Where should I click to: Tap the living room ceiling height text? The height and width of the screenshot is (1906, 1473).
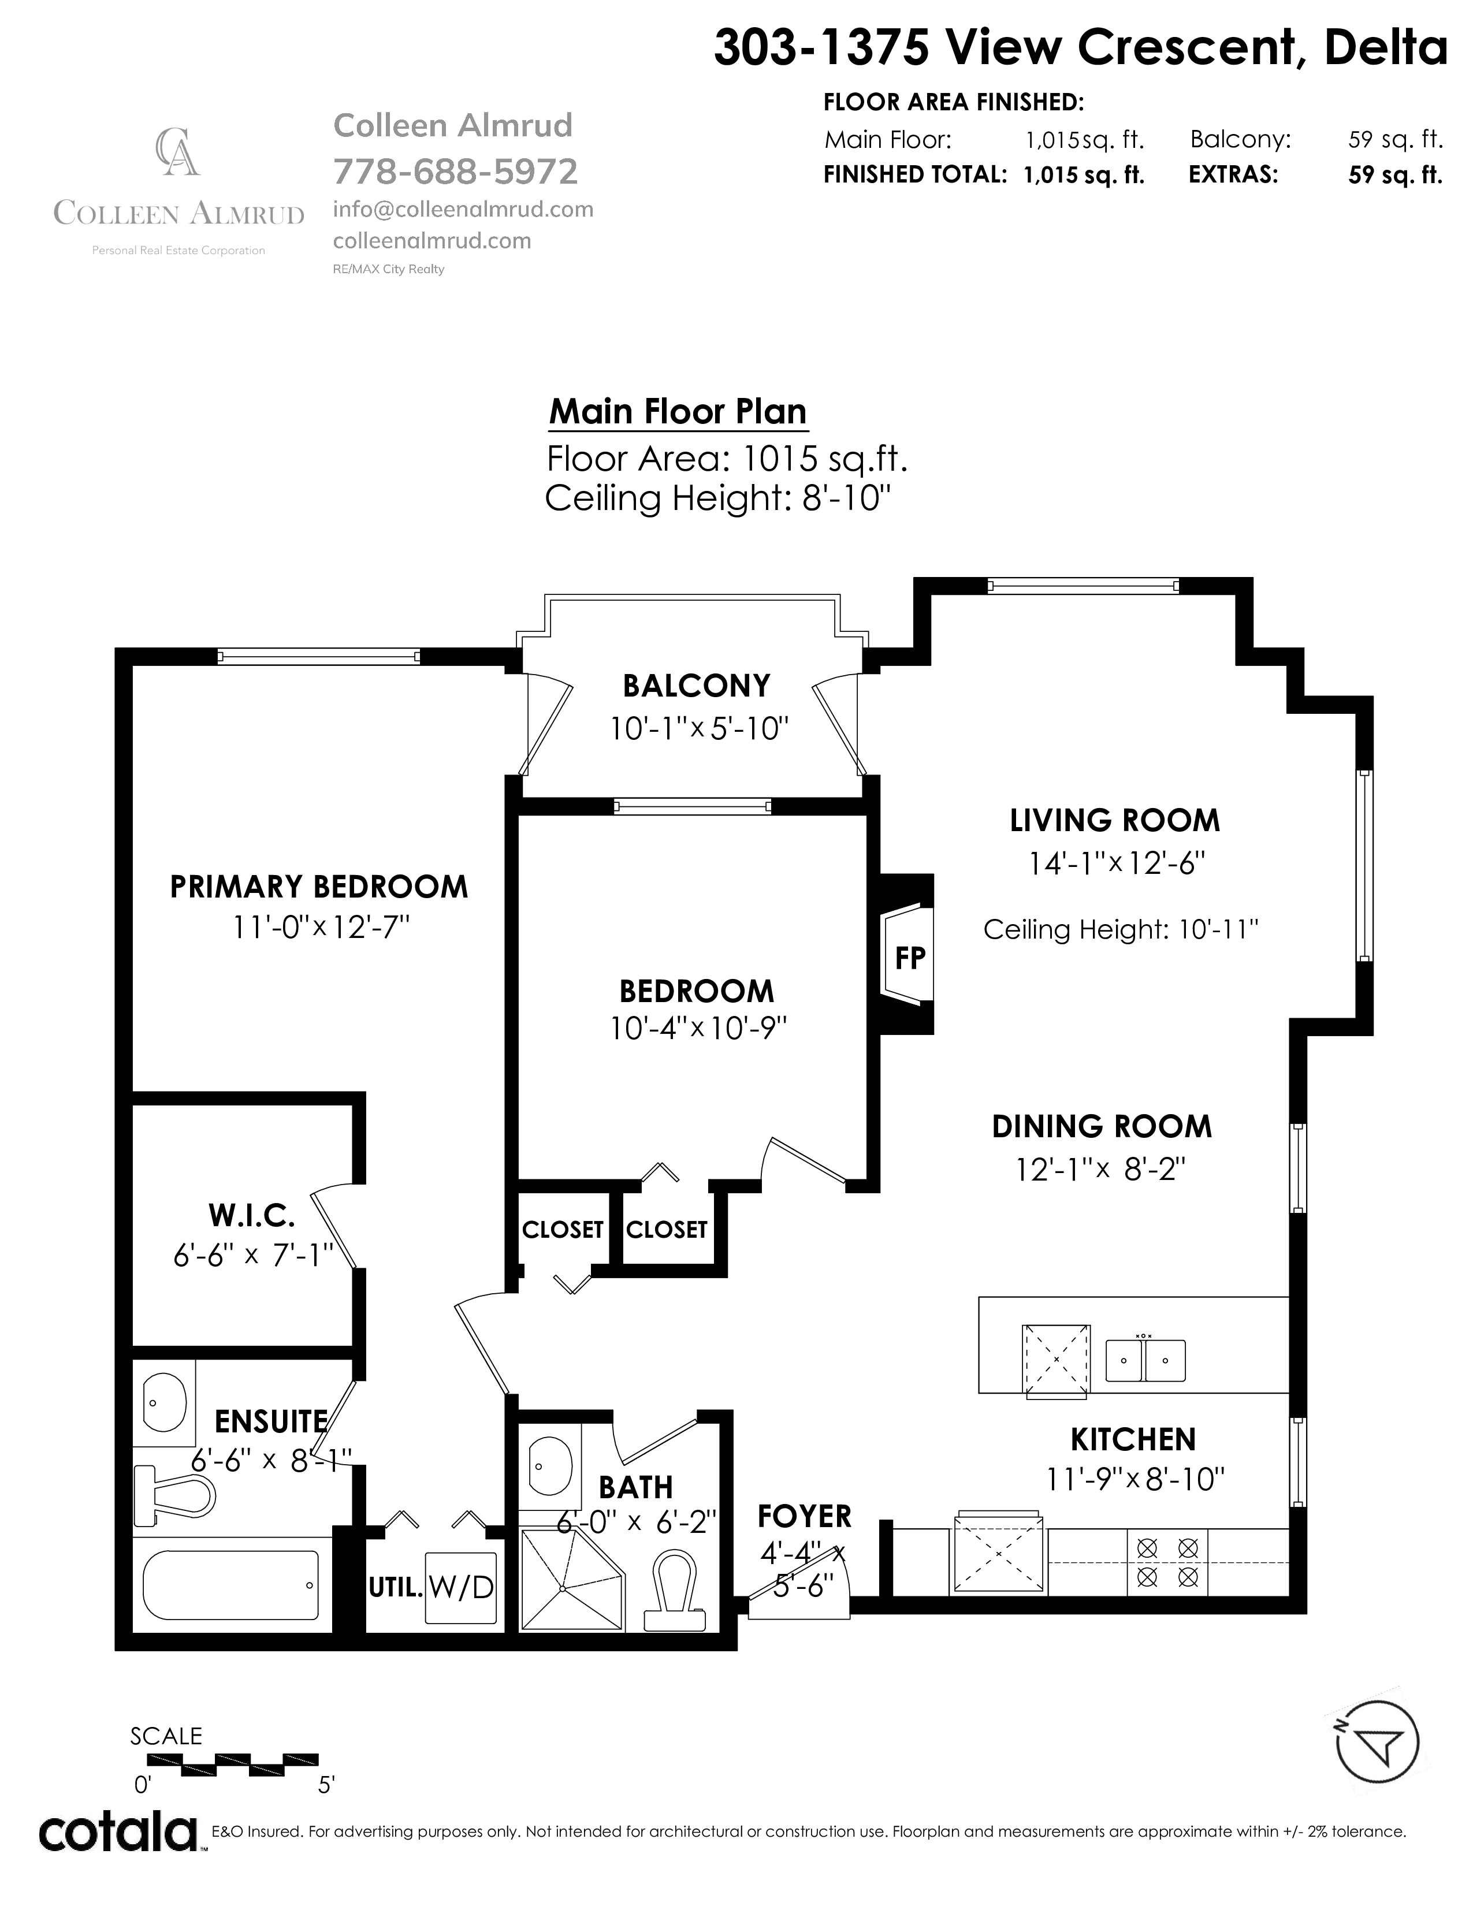(1121, 929)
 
